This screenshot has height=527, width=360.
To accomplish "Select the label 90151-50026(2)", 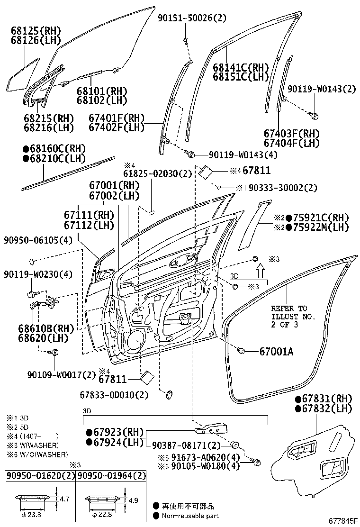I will (x=192, y=18).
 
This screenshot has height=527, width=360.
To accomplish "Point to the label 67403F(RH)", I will (x=292, y=134).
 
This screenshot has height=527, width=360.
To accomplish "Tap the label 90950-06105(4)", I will (x=38, y=240).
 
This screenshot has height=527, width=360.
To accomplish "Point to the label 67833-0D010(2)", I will (x=114, y=394).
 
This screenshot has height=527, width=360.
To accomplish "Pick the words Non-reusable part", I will (x=190, y=516).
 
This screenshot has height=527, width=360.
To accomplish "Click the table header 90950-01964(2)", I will (x=112, y=475).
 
